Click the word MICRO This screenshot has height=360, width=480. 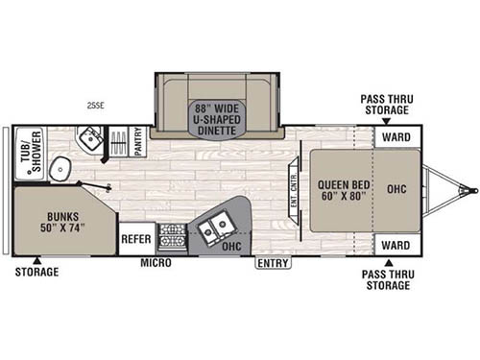click(x=155, y=262)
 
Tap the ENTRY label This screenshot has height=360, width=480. click(x=272, y=262)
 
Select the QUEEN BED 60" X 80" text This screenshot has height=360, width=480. click(x=340, y=188)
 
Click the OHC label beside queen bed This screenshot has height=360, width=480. click(x=396, y=188)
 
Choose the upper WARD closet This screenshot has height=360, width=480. click(x=396, y=135)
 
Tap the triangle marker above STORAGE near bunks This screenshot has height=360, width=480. click(x=36, y=259)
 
